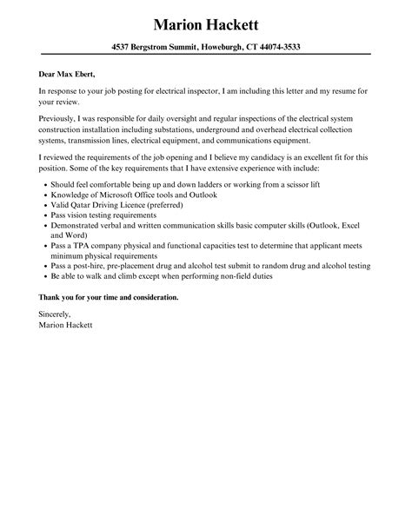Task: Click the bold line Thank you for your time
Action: pyautogui.click(x=108, y=298)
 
